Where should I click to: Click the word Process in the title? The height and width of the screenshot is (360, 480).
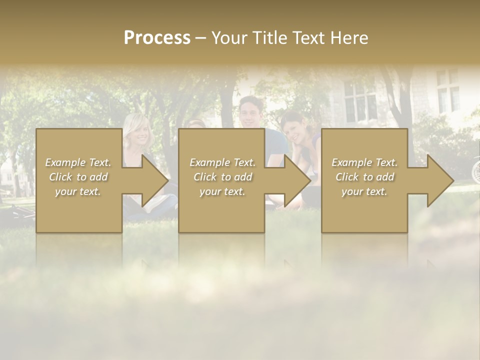[157, 37]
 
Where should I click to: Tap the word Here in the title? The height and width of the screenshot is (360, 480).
[348, 38]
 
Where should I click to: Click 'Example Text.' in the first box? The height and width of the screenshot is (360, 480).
[78, 162]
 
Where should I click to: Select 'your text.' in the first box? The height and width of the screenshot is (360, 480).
[78, 191]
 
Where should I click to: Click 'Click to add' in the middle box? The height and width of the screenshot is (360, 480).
[222, 177]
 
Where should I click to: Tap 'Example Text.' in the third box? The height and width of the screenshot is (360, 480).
[364, 162]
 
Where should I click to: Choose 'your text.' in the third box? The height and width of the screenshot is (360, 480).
[364, 191]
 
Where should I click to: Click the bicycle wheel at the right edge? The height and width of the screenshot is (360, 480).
[475, 170]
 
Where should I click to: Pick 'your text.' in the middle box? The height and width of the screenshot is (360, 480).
[222, 191]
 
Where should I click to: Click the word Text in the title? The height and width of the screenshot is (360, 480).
[308, 38]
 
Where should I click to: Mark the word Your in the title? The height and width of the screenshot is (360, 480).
[229, 38]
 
